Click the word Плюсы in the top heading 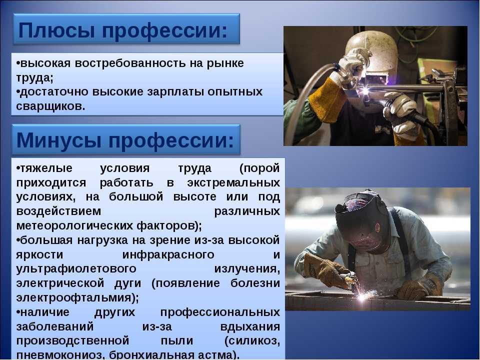click(57, 31)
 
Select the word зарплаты click(175, 92)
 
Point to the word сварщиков click(50, 106)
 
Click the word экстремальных click(233, 182)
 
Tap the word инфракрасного click(168, 254)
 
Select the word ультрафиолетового click(76, 269)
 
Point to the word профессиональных click(220, 312)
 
